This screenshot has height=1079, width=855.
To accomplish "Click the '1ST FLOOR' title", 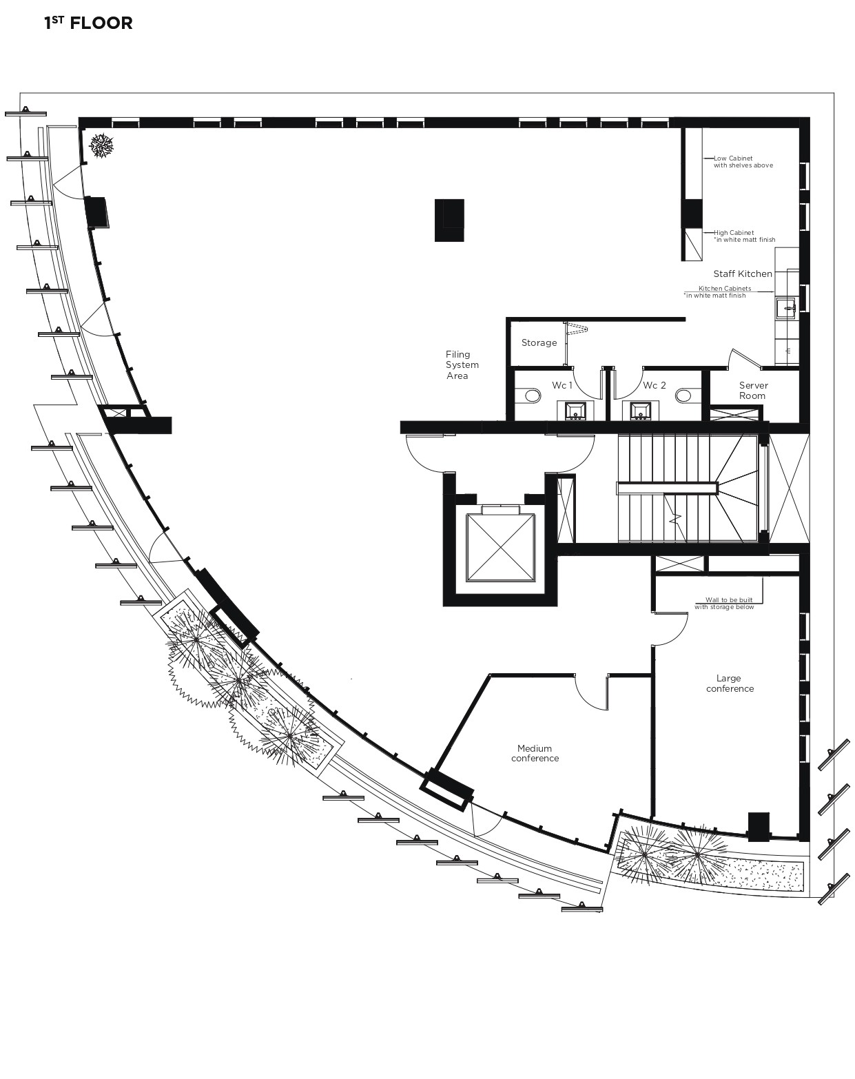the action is (x=88, y=23).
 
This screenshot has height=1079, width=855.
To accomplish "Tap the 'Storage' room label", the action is (x=539, y=343).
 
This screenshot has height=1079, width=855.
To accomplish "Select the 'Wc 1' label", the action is (x=562, y=385).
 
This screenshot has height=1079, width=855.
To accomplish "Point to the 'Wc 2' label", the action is (x=655, y=385).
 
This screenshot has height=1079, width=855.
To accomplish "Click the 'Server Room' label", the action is (x=753, y=391).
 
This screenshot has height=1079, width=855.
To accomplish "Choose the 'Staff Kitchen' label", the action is (x=743, y=274).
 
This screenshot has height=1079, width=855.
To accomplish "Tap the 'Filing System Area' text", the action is (x=462, y=365).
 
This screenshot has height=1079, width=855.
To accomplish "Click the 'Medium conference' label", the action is (x=535, y=753).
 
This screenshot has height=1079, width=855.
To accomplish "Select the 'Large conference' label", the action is (x=730, y=684).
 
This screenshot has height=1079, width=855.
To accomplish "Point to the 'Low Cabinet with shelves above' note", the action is (x=743, y=161).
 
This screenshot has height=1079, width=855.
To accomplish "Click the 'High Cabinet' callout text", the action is (x=734, y=233).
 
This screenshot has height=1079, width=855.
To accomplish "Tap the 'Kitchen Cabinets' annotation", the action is (x=725, y=288).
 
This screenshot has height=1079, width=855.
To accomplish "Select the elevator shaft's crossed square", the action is (x=500, y=548).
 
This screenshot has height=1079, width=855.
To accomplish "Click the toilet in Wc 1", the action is (x=533, y=395).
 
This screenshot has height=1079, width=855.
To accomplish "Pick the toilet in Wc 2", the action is (x=683, y=395).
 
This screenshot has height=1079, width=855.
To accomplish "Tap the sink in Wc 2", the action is (x=640, y=411).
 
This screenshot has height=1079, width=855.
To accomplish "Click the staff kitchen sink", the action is (x=786, y=308).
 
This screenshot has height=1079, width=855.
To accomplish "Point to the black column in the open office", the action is (x=449, y=220).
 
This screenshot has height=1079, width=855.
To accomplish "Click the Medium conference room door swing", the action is (x=592, y=692).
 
